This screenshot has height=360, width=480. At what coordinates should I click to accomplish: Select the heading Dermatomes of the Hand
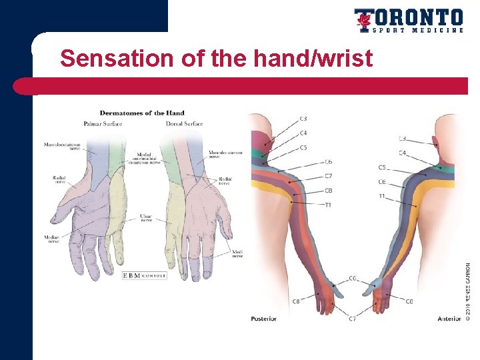coord(142,113)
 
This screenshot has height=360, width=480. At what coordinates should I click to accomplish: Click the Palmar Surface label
coord(103,123)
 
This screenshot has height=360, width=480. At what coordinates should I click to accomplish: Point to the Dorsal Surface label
coord(183,123)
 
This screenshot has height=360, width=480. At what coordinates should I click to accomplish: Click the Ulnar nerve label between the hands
coord(146,218)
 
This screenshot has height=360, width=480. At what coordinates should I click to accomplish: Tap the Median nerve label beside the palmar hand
coord(51,239)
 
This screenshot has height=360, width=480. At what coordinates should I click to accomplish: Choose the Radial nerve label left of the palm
coord(59,179)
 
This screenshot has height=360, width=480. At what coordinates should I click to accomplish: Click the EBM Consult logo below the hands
coord(144,275)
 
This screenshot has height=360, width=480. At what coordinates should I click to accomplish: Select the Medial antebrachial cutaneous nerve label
coord(143,157)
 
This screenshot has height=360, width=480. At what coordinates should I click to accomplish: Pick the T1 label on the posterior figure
coord(328,205)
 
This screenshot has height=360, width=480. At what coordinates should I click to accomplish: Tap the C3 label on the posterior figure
coord(303,119)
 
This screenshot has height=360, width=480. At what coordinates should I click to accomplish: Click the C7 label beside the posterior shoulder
coord(328,176)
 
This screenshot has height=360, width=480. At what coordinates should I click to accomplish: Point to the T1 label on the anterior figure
coord(382,196)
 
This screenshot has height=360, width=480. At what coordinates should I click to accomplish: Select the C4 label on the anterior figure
coord(403,153)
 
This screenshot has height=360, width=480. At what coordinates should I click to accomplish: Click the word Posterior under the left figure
coord(263,319)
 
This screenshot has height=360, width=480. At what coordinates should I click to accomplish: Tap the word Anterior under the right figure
coord(449,319)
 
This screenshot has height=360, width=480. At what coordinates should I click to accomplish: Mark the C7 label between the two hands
coord(351,319)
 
